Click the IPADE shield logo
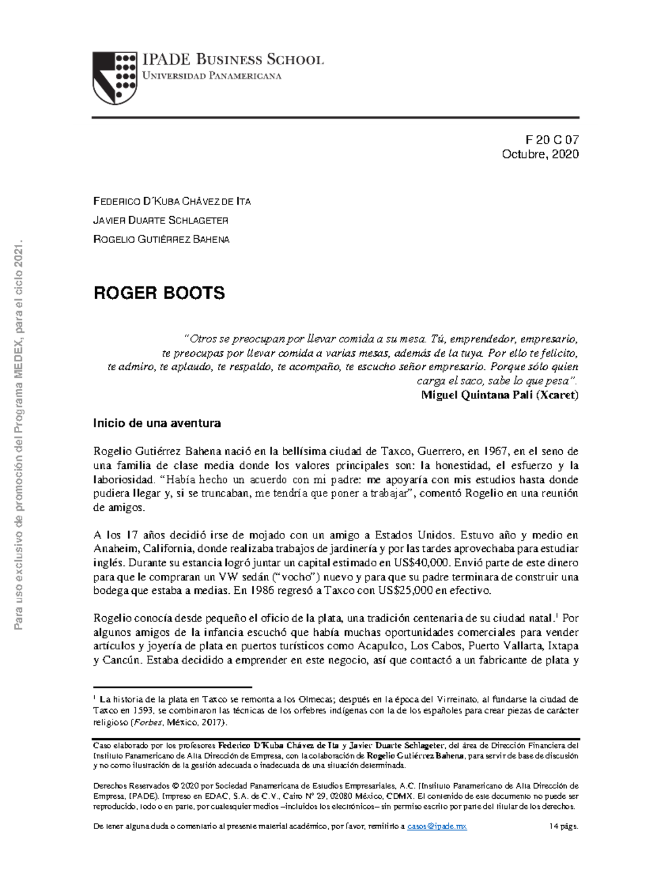point(115,78)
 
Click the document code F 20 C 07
point(552,140)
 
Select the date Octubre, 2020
point(540,154)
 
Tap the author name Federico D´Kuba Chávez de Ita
point(172,201)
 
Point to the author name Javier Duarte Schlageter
point(161,220)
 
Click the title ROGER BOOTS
point(159,293)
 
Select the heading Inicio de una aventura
point(157,424)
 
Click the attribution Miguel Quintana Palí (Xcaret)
point(500,395)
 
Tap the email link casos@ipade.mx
point(437,826)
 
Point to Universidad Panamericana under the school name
point(212,76)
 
